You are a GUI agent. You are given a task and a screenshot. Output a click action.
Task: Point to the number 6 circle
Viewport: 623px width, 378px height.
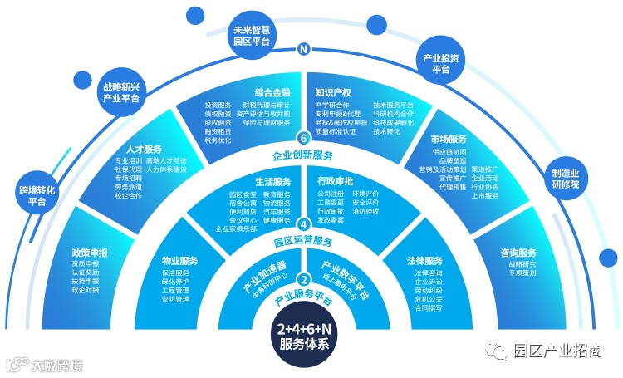(x=303, y=138)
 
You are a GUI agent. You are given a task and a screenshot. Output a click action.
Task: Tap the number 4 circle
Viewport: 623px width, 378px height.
(x=303, y=224)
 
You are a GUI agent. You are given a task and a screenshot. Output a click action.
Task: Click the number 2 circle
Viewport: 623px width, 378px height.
(x=303, y=279)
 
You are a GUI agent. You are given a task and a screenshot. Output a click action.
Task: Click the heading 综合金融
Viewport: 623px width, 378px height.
(x=272, y=93)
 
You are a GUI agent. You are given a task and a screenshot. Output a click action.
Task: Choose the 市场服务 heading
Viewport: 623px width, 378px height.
(x=449, y=138)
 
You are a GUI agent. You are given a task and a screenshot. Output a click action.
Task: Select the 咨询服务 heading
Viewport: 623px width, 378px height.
(x=518, y=253)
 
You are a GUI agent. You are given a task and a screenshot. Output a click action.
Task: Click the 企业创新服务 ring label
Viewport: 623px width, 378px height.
(x=303, y=155)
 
